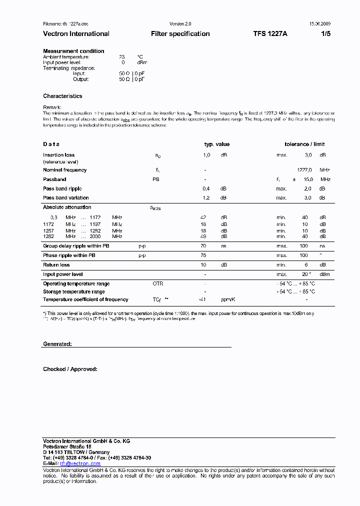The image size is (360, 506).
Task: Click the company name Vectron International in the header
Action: (x=76, y=34)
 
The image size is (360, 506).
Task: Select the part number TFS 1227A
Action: (x=270, y=34)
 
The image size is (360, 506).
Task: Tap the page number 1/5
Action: (x=325, y=34)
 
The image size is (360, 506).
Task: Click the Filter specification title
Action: (x=180, y=34)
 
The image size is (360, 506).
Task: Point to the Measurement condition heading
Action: (x=73, y=51)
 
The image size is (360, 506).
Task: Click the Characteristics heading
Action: (x=62, y=96)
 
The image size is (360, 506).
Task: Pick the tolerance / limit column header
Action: (x=304, y=144)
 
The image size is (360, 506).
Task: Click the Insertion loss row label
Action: (x=58, y=155)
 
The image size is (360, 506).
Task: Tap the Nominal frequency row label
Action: (x=64, y=170)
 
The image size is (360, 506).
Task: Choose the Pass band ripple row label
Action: (x=62, y=188)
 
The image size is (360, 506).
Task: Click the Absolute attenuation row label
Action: (x=67, y=207)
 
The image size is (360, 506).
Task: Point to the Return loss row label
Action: (x=56, y=265)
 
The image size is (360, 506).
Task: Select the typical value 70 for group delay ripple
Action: (x=203, y=246)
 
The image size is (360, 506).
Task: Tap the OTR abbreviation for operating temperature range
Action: (x=158, y=283)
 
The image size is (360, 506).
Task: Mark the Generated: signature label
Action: (x=57, y=344)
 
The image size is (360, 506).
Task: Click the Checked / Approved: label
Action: (x=70, y=369)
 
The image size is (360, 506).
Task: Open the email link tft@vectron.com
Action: (x=80, y=463)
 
